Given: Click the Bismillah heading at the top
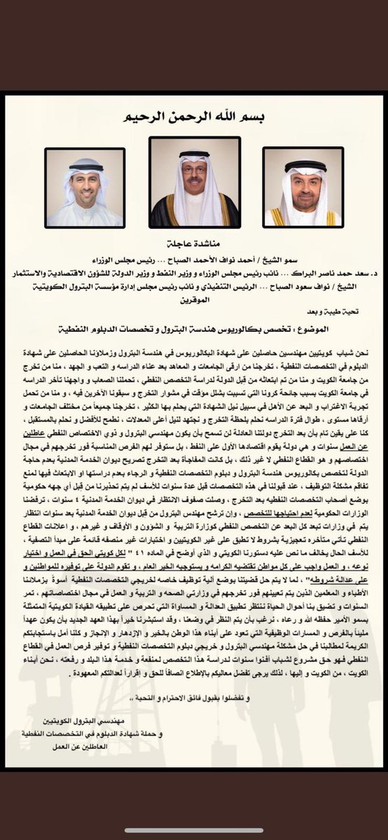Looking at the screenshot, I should [195, 116].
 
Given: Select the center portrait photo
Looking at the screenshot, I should [194, 182].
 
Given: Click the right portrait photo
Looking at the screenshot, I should [303, 187].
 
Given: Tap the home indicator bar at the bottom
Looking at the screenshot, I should [194, 831].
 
